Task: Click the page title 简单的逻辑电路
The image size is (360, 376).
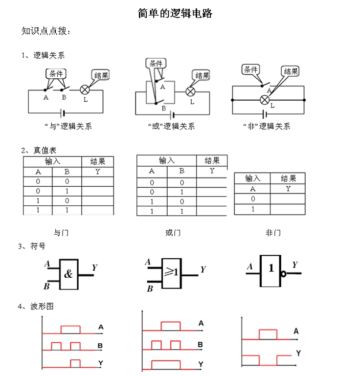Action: click(x=175, y=13)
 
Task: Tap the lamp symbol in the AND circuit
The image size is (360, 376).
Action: click(x=85, y=90)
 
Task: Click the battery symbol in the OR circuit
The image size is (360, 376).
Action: click(x=172, y=115)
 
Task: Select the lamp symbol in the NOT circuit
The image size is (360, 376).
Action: click(x=265, y=100)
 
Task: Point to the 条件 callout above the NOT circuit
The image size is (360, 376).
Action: click(x=250, y=69)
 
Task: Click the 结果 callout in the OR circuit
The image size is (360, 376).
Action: click(x=202, y=75)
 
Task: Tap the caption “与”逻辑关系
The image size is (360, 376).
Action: click(x=68, y=126)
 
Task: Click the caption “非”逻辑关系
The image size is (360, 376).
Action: click(x=267, y=126)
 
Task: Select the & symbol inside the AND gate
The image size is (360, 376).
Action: click(x=68, y=274)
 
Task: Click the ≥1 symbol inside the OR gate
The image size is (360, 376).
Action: click(x=171, y=272)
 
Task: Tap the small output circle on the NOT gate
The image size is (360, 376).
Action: click(x=284, y=274)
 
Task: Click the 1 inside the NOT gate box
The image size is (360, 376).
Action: click(x=271, y=268)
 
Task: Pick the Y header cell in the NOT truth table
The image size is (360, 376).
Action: click(x=288, y=189)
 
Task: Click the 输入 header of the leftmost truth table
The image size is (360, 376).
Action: click(x=52, y=161)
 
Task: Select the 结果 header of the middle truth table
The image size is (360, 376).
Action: click(x=212, y=160)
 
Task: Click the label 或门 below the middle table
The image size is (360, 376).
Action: click(x=173, y=233)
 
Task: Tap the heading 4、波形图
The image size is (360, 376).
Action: click(x=36, y=306)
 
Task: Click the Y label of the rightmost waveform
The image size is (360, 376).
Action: click(x=298, y=353)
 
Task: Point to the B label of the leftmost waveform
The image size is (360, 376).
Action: click(x=100, y=346)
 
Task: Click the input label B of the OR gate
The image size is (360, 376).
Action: click(x=150, y=288)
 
